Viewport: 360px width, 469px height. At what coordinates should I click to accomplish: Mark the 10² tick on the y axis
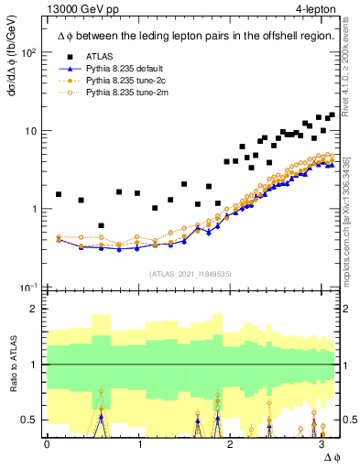[x=29, y=52]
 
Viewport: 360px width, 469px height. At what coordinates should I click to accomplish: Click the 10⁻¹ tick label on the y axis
[x=29, y=287]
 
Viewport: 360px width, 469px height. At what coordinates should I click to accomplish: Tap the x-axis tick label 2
[x=232, y=444]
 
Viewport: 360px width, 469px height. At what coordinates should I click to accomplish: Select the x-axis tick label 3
[x=322, y=444]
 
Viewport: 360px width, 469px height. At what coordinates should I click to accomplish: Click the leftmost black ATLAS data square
[x=59, y=194]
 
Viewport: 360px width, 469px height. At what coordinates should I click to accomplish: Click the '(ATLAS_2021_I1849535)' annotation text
[x=191, y=273]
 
